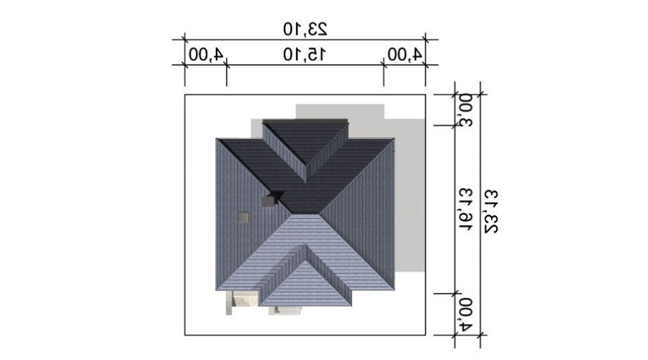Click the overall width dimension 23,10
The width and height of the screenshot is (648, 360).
tap(305, 29)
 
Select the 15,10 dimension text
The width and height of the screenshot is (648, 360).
tap(305, 55)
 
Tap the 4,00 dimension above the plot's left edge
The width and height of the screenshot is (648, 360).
tap(206, 55)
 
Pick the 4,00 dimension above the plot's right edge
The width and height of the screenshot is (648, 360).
tap(405, 55)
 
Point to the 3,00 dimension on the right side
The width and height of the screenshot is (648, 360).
tap(466, 110)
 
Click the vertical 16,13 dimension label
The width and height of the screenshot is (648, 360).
tap(466, 210)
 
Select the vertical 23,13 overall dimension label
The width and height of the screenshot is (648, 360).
tap(491, 212)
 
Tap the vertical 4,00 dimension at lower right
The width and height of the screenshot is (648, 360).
tap(466, 315)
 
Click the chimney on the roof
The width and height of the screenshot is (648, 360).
tap(268, 201)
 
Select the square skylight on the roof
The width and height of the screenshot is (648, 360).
tap(243, 218)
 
